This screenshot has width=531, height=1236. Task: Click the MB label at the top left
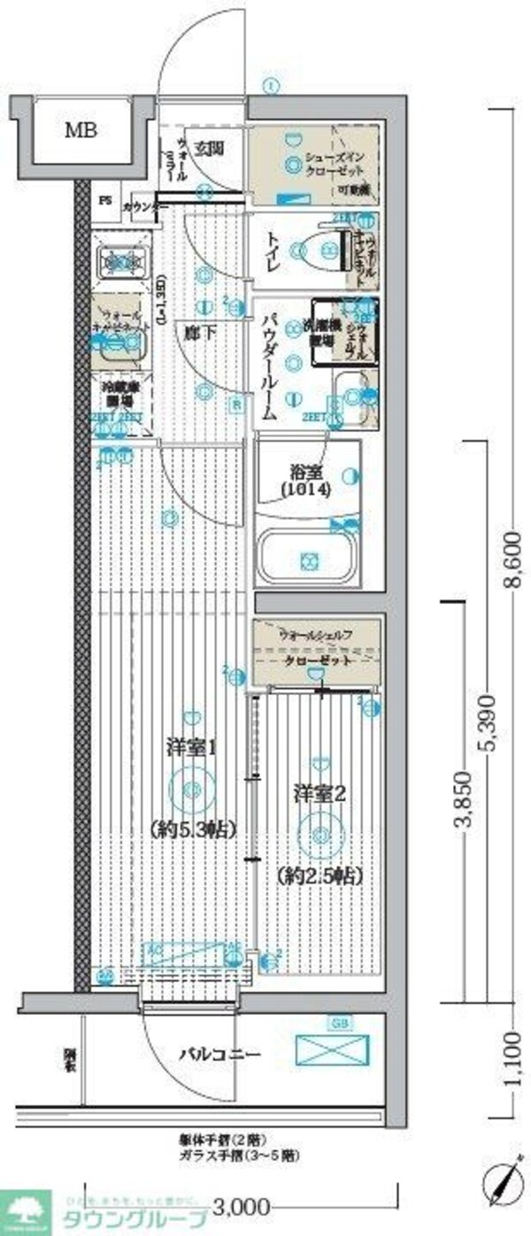pyautogui.click(x=80, y=130)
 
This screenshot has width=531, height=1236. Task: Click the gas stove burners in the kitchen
pyautogui.click(x=119, y=260)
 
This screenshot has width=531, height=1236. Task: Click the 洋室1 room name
pyautogui.click(x=192, y=747)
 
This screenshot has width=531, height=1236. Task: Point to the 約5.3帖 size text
pyautogui.click(x=192, y=830)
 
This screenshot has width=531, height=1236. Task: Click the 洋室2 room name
pyautogui.click(x=319, y=792)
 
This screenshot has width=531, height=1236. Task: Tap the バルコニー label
pyautogui.click(x=219, y=1054)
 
